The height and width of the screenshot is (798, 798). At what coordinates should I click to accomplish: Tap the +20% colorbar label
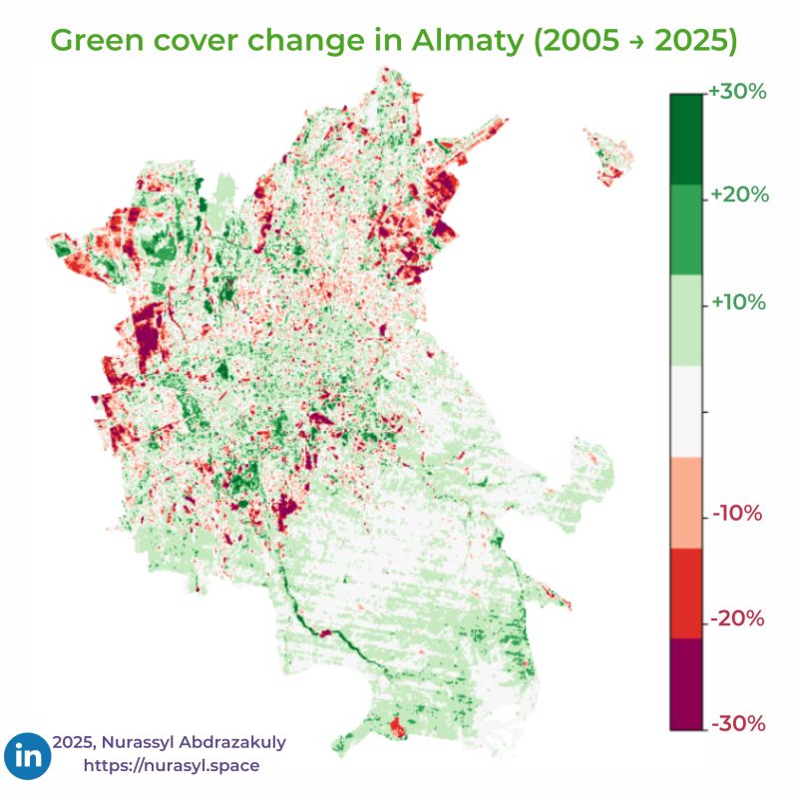click(x=738, y=196)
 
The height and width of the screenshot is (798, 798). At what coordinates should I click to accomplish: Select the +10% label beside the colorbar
click(x=738, y=302)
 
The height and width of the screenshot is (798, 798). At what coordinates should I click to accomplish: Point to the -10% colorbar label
click(x=737, y=514)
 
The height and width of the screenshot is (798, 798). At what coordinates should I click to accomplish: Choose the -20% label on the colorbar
click(x=737, y=619)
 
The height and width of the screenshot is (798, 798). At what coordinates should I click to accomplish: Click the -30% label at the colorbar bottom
click(x=737, y=723)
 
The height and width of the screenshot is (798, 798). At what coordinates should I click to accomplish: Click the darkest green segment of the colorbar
click(x=685, y=139)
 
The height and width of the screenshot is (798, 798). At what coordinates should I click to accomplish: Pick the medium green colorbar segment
click(x=685, y=229)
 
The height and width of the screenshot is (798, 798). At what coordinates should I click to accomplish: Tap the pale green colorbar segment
click(x=685, y=320)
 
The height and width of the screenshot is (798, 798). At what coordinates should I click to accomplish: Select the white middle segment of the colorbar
click(x=685, y=411)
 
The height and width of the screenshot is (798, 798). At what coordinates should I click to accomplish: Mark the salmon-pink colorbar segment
click(x=685, y=502)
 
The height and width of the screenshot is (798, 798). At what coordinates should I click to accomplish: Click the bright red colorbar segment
click(x=685, y=593)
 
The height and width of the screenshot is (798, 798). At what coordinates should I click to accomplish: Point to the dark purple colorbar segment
click(x=685, y=684)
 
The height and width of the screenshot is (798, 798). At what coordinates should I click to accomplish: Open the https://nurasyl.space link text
click(x=172, y=766)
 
